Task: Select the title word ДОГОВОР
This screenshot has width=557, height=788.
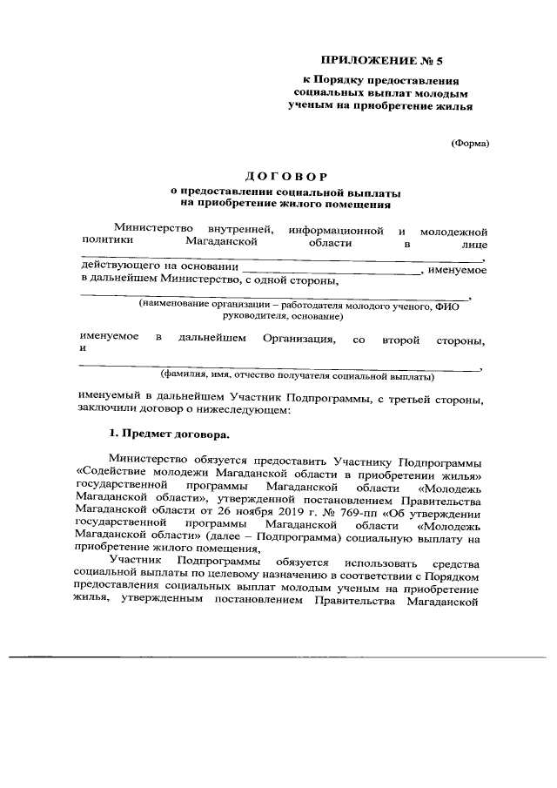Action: click(279, 178)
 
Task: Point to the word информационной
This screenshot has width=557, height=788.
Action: click(337, 230)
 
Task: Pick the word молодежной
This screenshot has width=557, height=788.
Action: click(453, 231)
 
